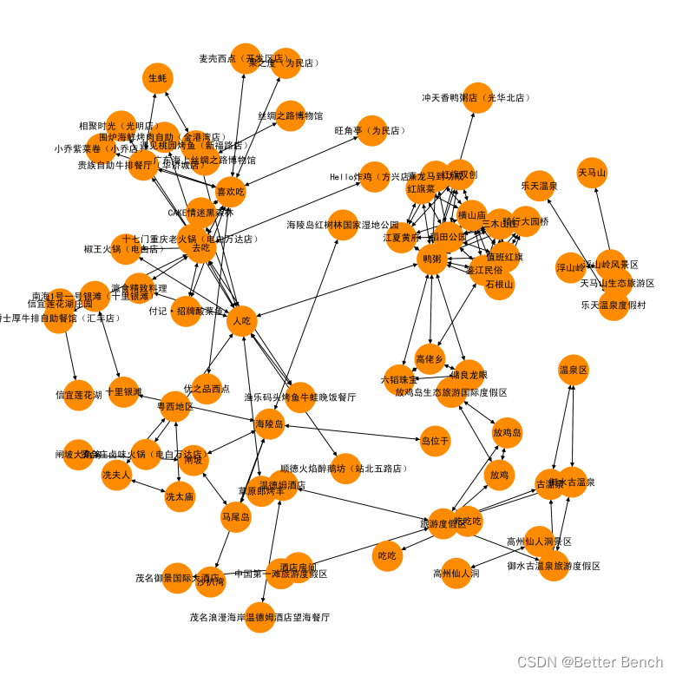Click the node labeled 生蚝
[158, 78]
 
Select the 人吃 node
[242, 321]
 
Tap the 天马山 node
[592, 173]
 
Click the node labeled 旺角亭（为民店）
[371, 131]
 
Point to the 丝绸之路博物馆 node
[291, 115]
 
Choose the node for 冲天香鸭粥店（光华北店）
[476, 98]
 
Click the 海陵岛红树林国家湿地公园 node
[343, 225]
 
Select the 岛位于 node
[436, 441]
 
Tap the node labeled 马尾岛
[235, 517]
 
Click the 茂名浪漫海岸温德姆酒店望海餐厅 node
[259, 618]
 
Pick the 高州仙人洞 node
[456, 573]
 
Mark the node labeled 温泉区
[574, 370]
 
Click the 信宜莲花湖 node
[79, 395]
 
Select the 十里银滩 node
[124, 392]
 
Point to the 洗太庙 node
[180, 496]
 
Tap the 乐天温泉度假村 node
[614, 305]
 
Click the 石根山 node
[500, 285]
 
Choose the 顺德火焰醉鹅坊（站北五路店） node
[345, 469]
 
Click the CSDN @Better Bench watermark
[592, 662]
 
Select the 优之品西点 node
[207, 388]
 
